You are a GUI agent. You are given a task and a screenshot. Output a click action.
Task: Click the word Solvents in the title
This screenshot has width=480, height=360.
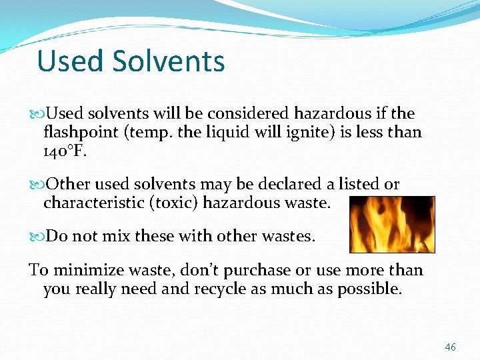[169, 61]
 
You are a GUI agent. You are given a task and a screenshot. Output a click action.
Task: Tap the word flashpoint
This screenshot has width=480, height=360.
[81, 132]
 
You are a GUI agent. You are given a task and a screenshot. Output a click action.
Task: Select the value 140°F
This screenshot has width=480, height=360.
[65, 151]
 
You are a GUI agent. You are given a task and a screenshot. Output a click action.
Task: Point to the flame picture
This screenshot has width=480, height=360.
[392, 225]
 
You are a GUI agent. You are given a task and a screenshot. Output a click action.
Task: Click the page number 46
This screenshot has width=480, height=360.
[451, 347]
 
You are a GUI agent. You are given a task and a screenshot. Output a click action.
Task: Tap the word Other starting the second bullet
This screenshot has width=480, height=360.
[65, 184]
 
